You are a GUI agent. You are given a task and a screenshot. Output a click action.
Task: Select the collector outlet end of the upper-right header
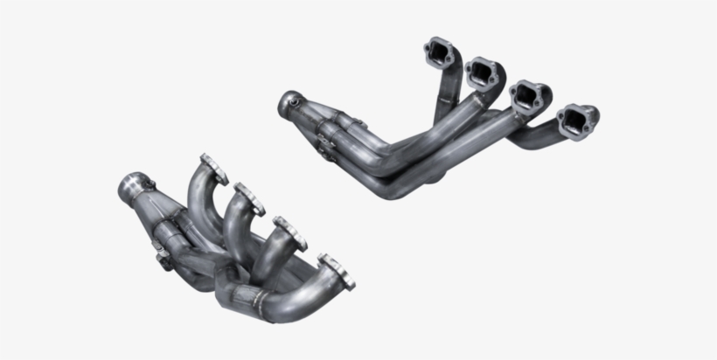(288, 104)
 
